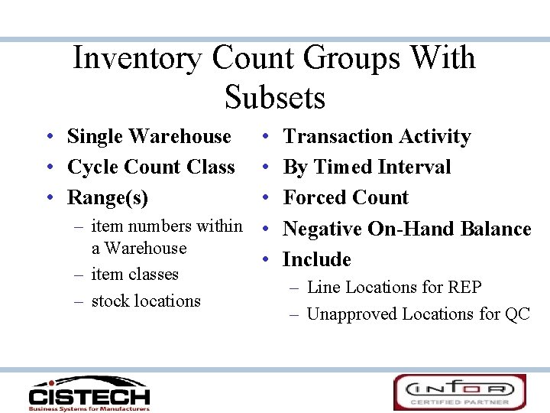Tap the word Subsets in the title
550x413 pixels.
tap(275, 98)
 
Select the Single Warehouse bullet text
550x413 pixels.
tap(149, 136)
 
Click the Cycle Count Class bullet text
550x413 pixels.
tap(150, 167)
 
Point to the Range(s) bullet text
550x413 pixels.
tap(108, 197)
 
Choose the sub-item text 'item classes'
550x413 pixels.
tap(134, 274)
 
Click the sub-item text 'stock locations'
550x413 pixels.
tap(145, 301)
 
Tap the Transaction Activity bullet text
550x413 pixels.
tap(377, 136)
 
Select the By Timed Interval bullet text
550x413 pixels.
tap(367, 167)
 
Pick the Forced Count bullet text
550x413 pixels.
tap(345, 197)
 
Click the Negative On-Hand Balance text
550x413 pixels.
tap(406, 229)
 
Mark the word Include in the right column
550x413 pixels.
tap(316, 259)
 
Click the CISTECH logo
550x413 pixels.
tap(89, 392)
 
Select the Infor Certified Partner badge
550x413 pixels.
tap(460, 392)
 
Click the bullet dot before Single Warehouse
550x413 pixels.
tap(48, 137)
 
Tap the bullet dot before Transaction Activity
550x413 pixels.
tap(264, 137)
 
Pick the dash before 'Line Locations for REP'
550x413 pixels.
tap(294, 288)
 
